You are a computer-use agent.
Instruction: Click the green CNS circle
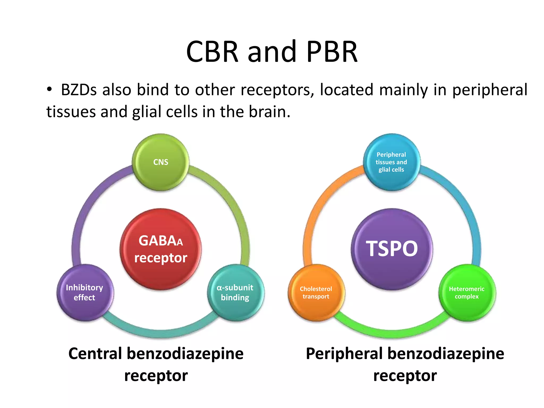tap(161, 162)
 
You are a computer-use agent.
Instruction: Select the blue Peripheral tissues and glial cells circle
tap(392, 162)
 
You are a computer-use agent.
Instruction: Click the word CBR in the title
tap(212, 52)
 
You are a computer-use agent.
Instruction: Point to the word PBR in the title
tap(332, 52)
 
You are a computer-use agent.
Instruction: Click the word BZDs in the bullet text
tap(79, 90)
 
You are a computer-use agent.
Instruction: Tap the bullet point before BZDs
tap(49, 89)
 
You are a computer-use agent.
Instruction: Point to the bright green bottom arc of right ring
tap(392, 333)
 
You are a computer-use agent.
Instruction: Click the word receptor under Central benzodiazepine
tap(156, 376)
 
